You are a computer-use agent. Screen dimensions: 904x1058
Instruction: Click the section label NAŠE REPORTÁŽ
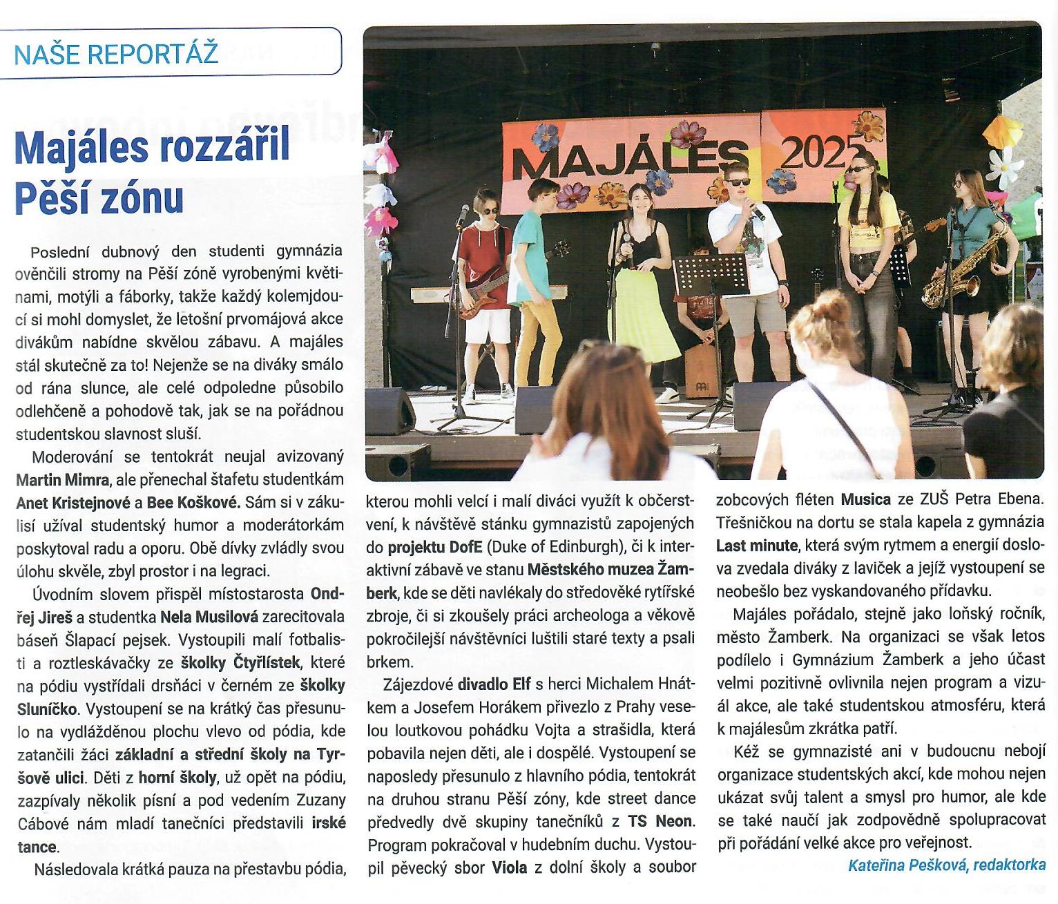click(116, 53)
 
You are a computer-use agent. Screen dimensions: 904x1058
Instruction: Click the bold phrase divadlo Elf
click(493, 684)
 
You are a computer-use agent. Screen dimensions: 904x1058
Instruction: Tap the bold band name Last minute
click(756, 545)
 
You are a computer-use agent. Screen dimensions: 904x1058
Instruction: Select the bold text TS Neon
click(660, 822)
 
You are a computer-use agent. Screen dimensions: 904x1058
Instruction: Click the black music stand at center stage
click(710, 276)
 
